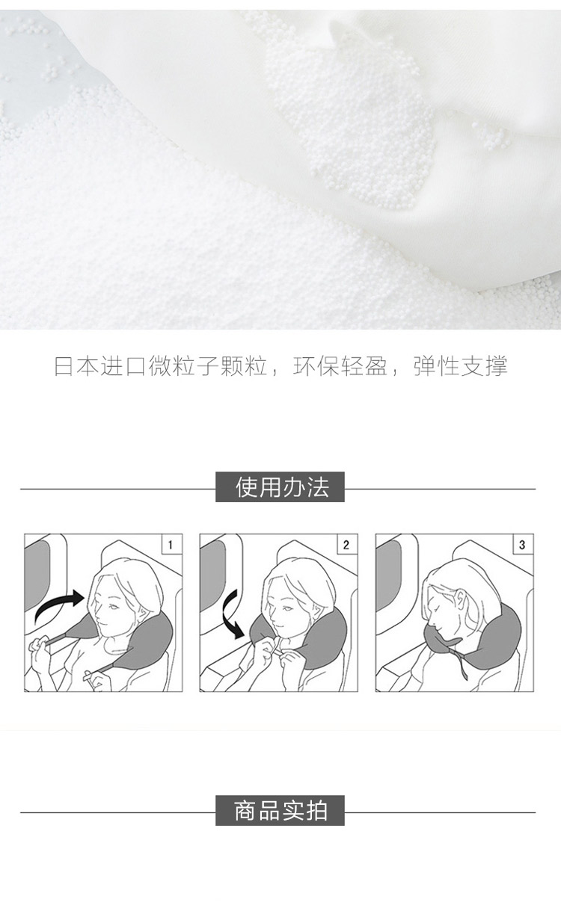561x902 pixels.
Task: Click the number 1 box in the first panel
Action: click(x=172, y=545)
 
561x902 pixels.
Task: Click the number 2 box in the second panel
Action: click(x=347, y=545)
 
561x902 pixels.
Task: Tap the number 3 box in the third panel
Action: click(x=523, y=545)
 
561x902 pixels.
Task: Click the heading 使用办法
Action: click(x=282, y=487)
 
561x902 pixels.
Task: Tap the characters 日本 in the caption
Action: click(x=76, y=366)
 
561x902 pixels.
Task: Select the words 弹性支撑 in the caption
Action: click(x=460, y=366)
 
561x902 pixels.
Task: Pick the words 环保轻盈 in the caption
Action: click(x=340, y=366)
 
